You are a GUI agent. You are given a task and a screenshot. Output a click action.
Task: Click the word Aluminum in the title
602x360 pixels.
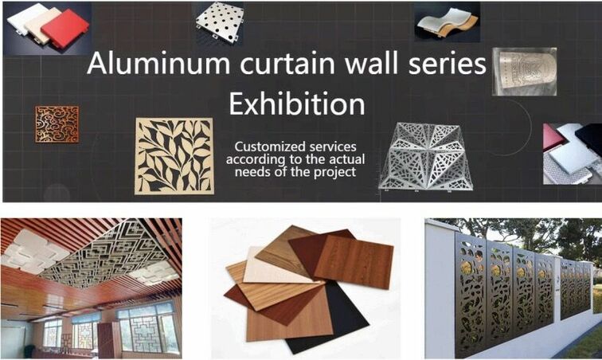(x=158, y=63)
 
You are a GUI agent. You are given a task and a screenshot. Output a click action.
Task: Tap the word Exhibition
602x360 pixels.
(x=297, y=104)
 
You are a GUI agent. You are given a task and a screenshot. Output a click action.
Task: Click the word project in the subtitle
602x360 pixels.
(x=335, y=172)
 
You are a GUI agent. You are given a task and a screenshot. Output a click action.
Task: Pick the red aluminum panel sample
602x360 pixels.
(x=64, y=29)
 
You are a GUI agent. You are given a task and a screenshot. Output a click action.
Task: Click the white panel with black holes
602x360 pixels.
(x=219, y=22)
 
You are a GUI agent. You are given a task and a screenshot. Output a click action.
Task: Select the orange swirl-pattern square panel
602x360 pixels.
(x=57, y=124)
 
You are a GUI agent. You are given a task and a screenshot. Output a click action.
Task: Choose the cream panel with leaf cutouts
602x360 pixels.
(x=174, y=156)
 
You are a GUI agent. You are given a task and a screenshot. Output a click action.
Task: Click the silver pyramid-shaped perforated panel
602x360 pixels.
(x=426, y=157)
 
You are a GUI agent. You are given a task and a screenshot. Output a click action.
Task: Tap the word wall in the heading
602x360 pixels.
(x=371, y=63)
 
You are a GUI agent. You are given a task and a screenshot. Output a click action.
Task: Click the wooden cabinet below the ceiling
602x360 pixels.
(x=109, y=339)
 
